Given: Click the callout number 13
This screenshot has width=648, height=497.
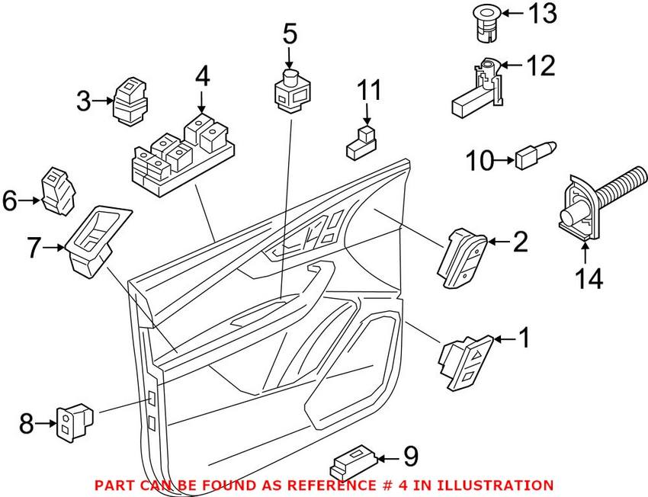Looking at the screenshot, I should (x=544, y=13).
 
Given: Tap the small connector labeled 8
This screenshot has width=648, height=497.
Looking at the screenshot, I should (x=73, y=422).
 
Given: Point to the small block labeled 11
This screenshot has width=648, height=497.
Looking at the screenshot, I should (x=362, y=142).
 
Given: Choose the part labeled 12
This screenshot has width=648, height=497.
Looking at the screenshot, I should (x=481, y=91).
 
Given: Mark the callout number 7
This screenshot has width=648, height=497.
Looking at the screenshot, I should (x=33, y=248).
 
